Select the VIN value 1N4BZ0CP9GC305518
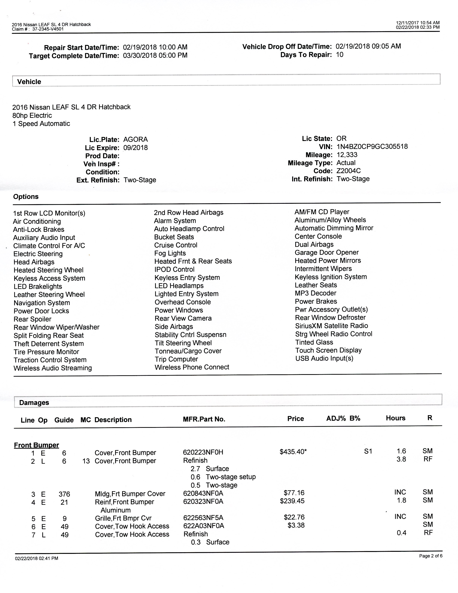pyautogui.click(x=372, y=147)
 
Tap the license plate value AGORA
pyautogui.click(x=135, y=140)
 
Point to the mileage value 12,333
pyautogui.click(x=347, y=155)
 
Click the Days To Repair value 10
pyautogui.click(x=339, y=55)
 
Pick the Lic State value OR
pyautogui.click(x=341, y=139)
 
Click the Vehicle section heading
pyautogui.click(x=29, y=82)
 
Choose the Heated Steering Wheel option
pyautogui.click(x=49, y=270)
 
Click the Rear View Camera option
pyautogui.click(x=183, y=318)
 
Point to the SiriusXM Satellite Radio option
pyautogui.click(x=331, y=326)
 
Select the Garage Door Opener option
pyautogui.click(x=327, y=253)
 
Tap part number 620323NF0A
pyautogui.click(x=203, y=501)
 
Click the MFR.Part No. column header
pyautogui.click(x=204, y=419)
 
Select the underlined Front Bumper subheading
pyautogui.click(x=36, y=445)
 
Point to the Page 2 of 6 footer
pyautogui.click(x=431, y=556)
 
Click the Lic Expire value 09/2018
pyautogui.click(x=135, y=148)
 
